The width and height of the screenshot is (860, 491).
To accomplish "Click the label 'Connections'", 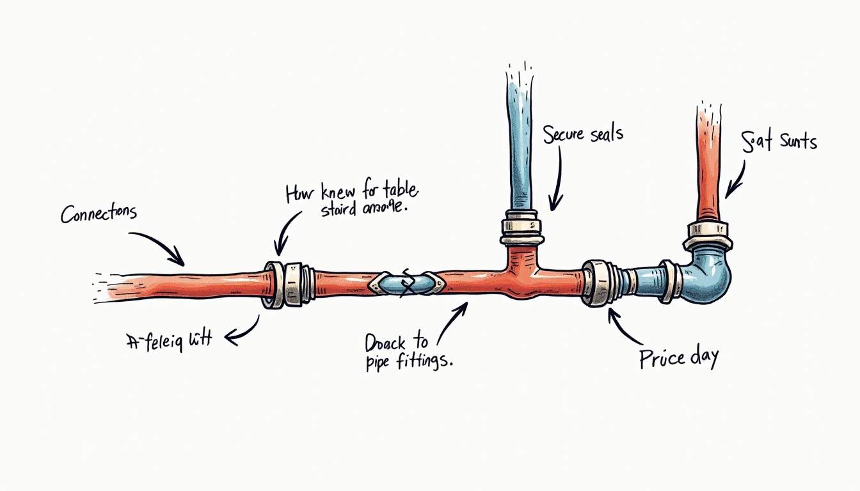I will click(99, 214).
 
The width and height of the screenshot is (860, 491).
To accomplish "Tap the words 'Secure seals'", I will click(582, 135).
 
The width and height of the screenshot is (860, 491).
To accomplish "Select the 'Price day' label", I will click(678, 357).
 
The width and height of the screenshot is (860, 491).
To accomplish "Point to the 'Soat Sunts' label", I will click(779, 141).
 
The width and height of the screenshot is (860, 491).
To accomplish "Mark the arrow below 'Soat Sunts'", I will click(737, 178).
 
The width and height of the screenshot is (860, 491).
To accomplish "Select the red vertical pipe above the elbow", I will click(708, 166).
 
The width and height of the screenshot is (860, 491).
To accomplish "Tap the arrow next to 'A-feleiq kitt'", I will click(243, 330).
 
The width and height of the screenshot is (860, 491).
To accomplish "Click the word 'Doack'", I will click(385, 343).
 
